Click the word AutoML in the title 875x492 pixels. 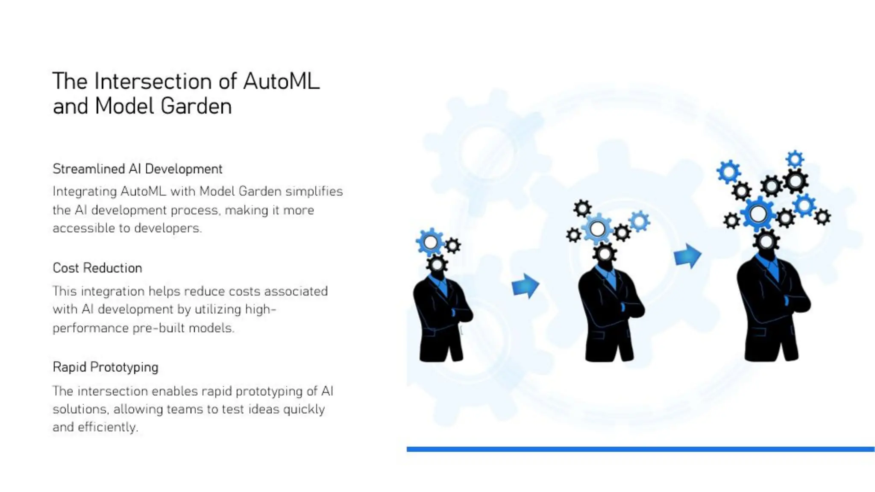pos(281,81)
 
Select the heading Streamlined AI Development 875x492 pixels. pos(137,169)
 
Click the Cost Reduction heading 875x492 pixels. pos(97,268)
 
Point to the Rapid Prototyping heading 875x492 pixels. pos(105,367)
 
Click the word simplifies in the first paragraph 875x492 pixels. pos(314,191)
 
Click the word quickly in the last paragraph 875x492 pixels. pos(304,409)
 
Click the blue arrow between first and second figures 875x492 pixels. pos(525,286)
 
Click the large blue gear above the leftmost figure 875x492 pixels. pos(430,242)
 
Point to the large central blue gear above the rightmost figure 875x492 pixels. pos(758,214)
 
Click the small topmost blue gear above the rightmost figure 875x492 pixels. pos(795,159)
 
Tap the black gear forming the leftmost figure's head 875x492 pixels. pos(437,264)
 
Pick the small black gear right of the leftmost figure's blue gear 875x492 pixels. pos(452,246)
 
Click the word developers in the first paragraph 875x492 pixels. pos(167,228)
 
